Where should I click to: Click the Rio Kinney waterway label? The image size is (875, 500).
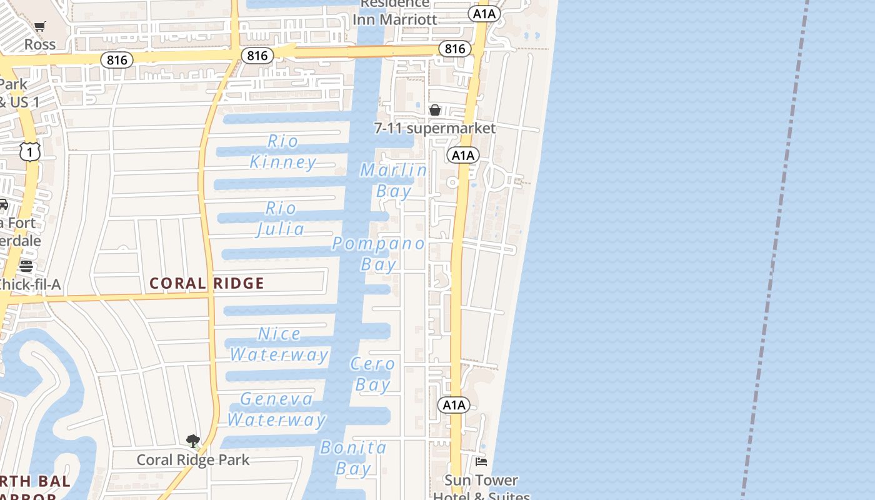[283, 152]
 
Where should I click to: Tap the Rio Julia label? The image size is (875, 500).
[281, 219]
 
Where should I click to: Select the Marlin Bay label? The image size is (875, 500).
[394, 180]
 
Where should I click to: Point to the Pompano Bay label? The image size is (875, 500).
[379, 254]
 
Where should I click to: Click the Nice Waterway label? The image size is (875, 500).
[279, 344]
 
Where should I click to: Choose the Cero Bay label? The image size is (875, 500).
[373, 374]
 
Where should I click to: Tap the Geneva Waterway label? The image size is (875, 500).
[276, 409]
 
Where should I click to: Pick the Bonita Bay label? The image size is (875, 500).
[354, 457]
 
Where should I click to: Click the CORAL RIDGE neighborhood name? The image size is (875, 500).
[207, 283]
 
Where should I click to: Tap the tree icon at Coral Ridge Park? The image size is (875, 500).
[193, 441]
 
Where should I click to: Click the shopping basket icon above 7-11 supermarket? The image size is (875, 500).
[435, 110]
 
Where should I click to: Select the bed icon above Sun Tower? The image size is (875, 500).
[481, 462]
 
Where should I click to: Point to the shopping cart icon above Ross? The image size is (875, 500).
[40, 26]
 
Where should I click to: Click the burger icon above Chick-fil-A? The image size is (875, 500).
[26, 266]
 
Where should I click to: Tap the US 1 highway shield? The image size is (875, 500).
[29, 151]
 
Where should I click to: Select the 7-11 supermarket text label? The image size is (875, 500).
[435, 128]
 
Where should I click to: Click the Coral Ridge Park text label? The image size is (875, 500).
[193, 460]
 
